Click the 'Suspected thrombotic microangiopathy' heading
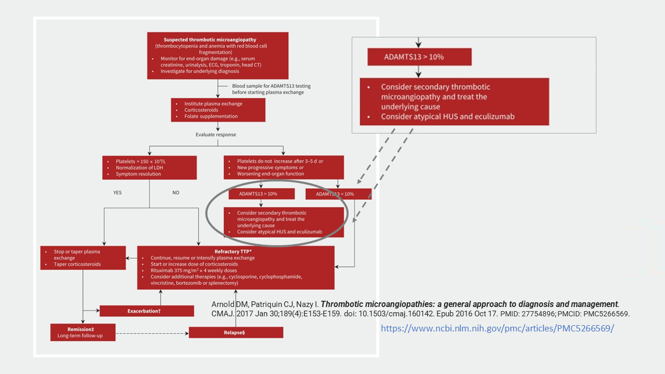[x=218, y=39]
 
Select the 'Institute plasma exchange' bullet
[x=213, y=104]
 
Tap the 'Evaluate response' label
[x=216, y=135]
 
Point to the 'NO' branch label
[x=176, y=192]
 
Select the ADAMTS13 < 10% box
[x=338, y=194]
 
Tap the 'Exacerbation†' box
[x=147, y=311]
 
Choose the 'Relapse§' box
[x=236, y=332]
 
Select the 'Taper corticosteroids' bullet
[x=77, y=264]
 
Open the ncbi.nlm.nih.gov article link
[x=497, y=328]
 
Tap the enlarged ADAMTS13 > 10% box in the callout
[x=419, y=57]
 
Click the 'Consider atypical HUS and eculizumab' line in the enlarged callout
[x=447, y=116]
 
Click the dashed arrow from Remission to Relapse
[x=152, y=332]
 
